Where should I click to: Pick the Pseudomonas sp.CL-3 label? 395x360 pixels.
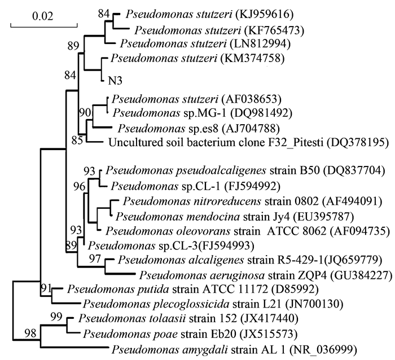click(133, 245)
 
